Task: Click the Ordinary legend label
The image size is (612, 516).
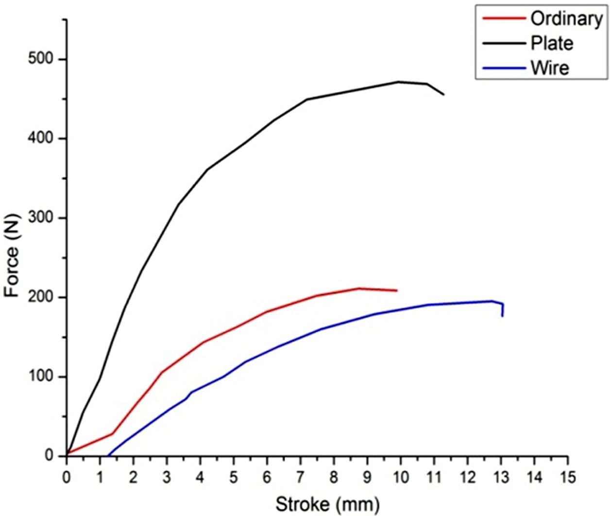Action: click(566, 19)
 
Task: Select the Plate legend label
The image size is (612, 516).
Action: click(552, 43)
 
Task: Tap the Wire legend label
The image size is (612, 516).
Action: click(549, 68)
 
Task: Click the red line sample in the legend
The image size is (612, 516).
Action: click(504, 19)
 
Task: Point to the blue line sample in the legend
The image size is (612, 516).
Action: click(504, 68)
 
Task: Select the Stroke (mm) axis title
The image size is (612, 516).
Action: click(328, 504)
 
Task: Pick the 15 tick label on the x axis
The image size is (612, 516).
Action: click(567, 477)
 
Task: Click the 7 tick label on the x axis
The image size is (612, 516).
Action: click(301, 477)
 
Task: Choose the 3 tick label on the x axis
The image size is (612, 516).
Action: click(167, 477)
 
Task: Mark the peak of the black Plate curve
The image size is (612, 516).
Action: click(399, 82)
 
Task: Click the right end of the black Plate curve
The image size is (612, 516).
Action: click(443, 94)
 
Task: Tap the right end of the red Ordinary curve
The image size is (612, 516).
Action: click(397, 291)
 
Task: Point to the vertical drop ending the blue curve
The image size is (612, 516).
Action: click(502, 310)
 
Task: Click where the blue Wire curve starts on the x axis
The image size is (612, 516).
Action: click(107, 456)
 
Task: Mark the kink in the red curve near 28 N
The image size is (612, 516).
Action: click(113, 433)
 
